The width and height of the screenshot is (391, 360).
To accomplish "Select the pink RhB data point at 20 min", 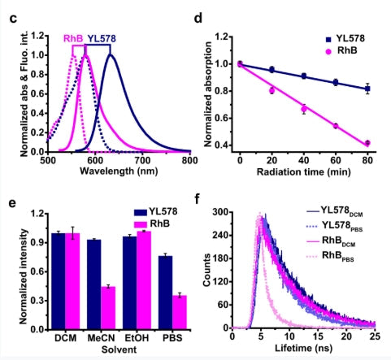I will [272, 90].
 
